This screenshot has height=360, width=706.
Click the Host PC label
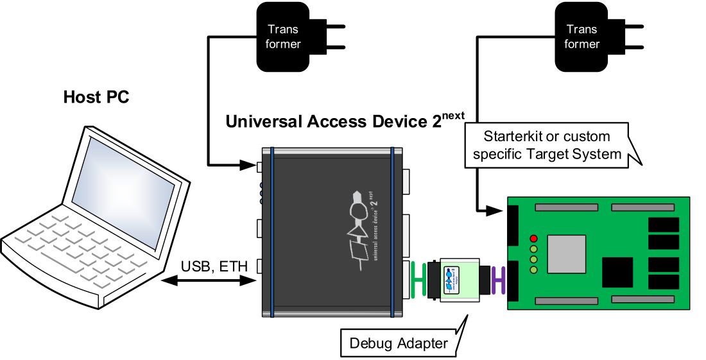coord(96,98)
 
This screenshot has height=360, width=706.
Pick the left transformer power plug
coord(284,37)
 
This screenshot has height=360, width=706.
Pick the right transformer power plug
coord(581,37)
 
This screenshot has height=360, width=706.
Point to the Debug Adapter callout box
coord(399,343)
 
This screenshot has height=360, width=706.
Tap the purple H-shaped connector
coord(497,280)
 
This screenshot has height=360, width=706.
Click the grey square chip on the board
coord(566,254)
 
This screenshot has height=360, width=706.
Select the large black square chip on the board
coord(617,273)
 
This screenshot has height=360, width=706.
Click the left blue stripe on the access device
coord(272,231)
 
